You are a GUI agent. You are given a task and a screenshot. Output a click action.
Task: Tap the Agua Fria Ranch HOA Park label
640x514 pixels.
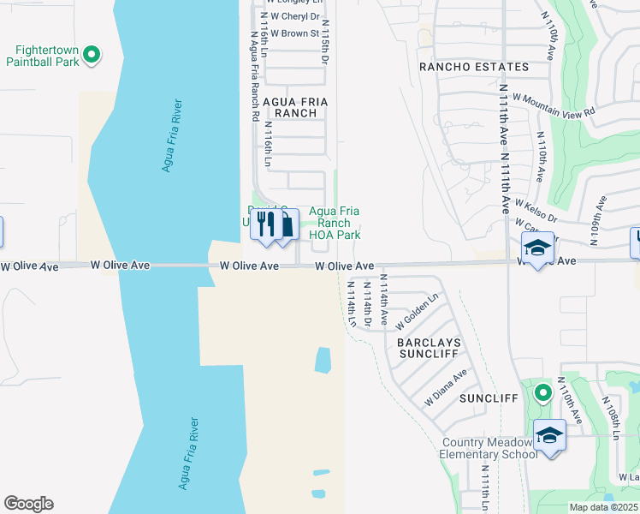coord(334,223)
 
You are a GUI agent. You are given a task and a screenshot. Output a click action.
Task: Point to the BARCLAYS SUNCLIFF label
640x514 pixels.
coord(429,347)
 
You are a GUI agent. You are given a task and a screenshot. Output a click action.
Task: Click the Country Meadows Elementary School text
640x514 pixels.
coord(489,448)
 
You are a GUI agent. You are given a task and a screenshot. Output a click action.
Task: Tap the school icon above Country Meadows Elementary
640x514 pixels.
coord(548,435)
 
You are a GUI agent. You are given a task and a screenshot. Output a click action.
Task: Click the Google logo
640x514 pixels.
coord(28,503)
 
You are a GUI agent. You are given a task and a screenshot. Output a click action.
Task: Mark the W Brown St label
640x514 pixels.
coord(291,34)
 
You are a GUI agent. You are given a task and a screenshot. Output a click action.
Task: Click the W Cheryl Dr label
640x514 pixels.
coord(293,16)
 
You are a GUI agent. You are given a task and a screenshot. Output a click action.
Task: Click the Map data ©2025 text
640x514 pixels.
coord(604,507)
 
